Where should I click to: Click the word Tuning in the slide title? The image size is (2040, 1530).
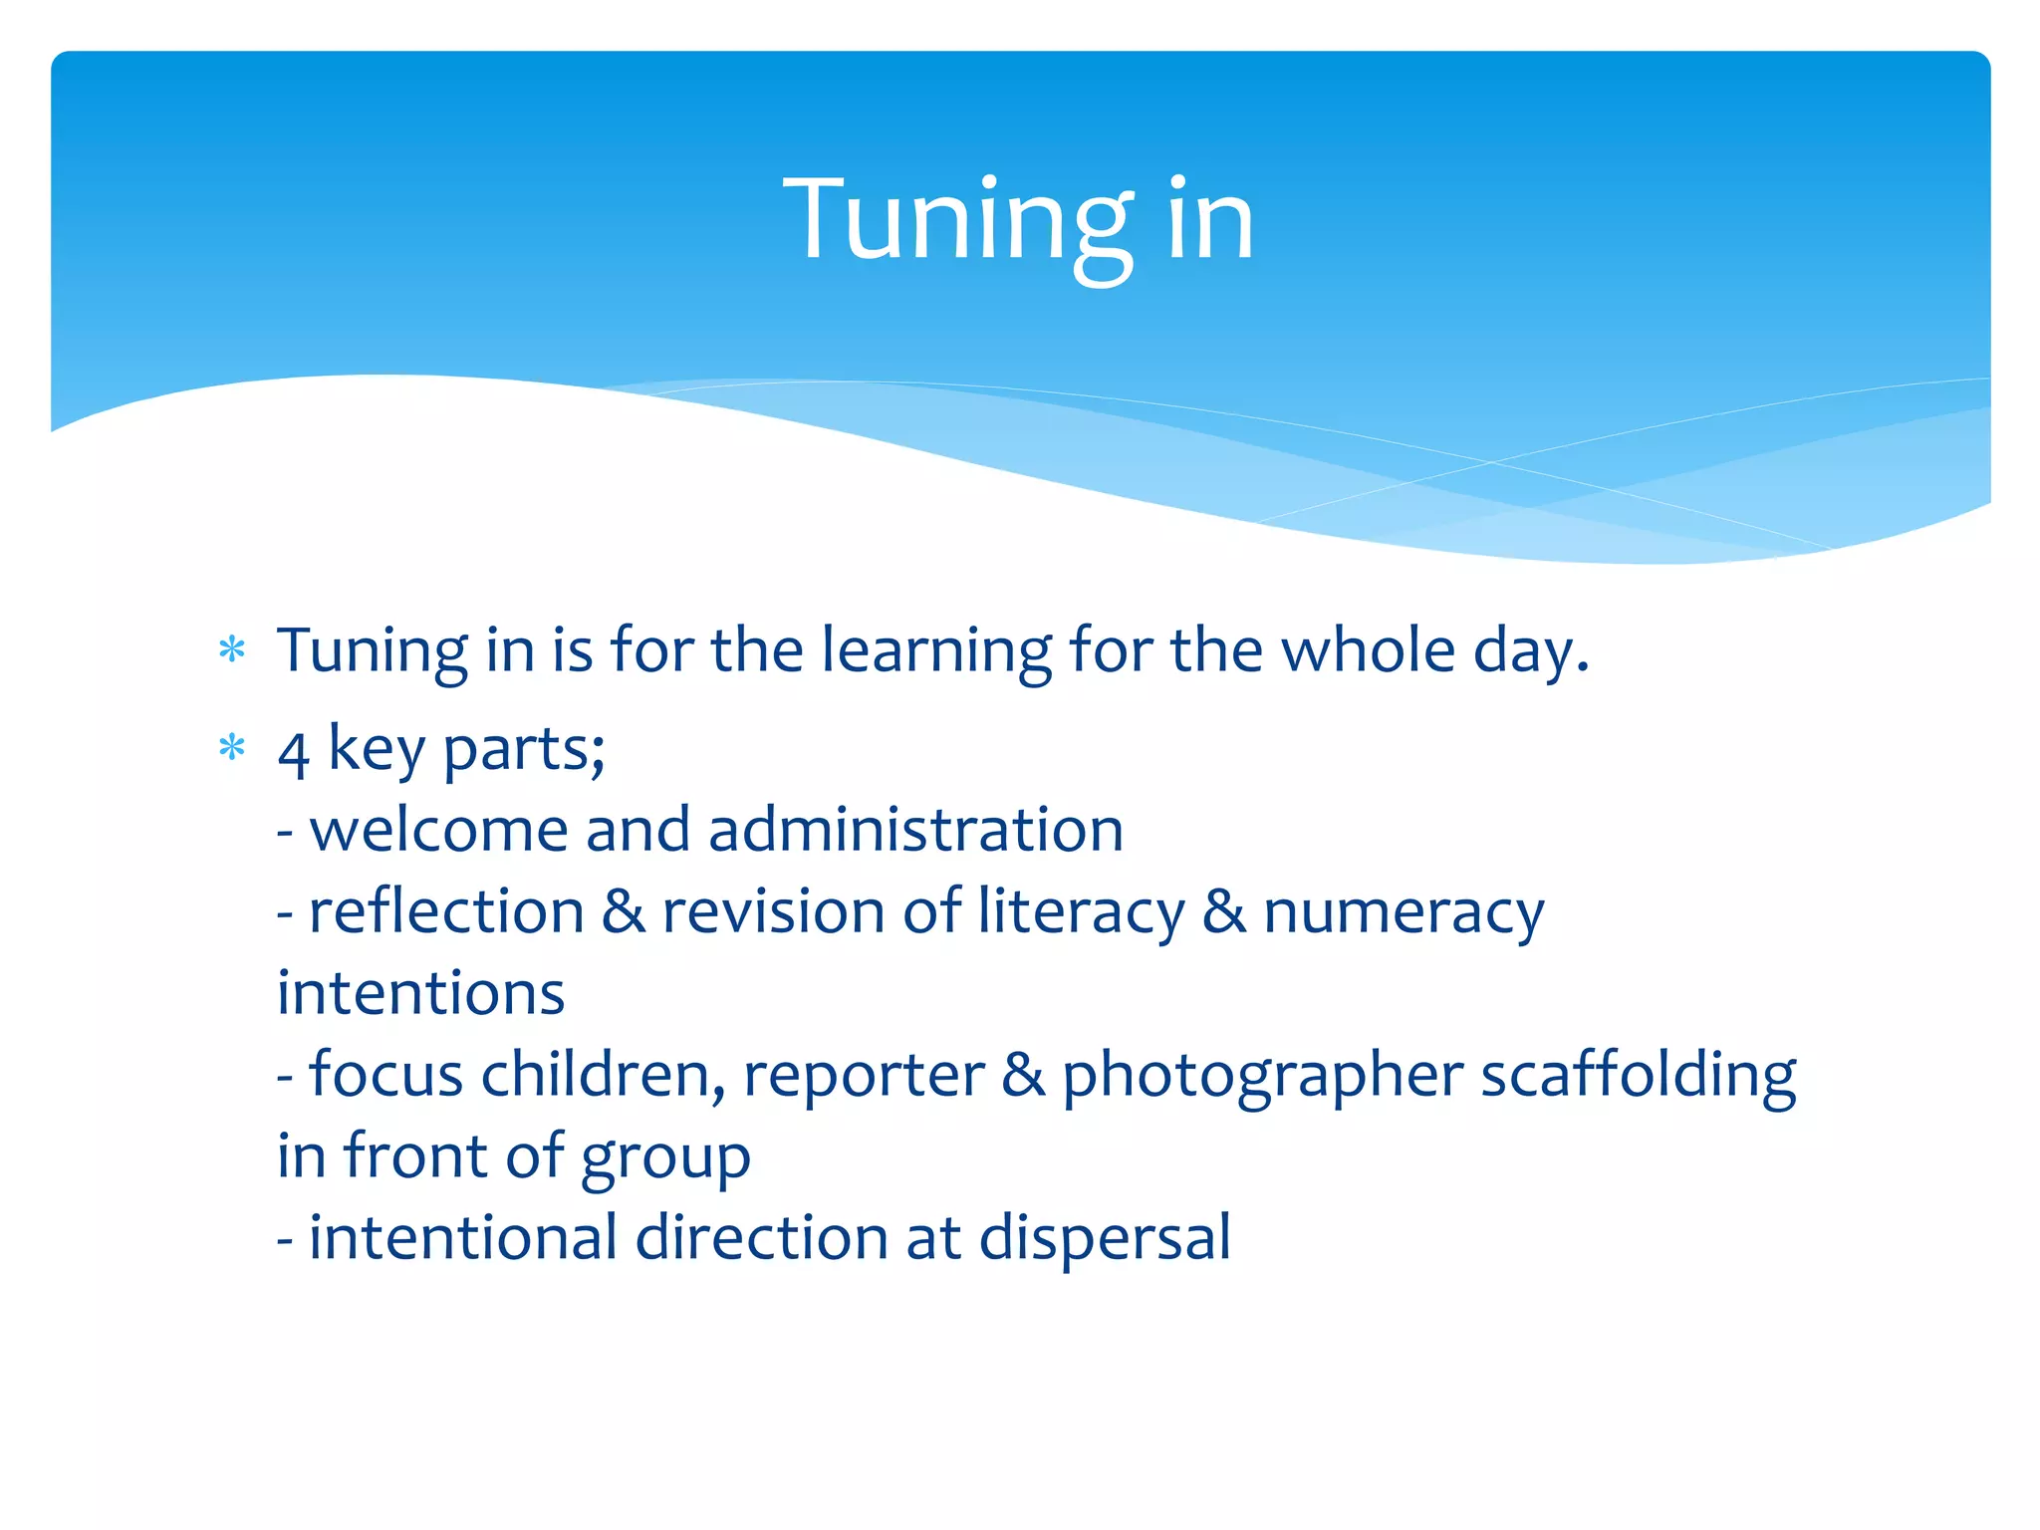coord(958,220)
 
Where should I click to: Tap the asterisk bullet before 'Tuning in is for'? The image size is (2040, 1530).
coord(232,650)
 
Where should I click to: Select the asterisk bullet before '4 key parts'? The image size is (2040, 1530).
coord(232,747)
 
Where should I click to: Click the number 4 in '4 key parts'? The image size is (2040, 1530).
coord(293,753)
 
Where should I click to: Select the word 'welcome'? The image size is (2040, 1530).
coord(438,830)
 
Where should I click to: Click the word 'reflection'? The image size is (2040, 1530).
coord(446,911)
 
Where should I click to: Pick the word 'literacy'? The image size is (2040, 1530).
coord(1080,912)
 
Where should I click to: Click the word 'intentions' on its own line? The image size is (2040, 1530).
coord(420,993)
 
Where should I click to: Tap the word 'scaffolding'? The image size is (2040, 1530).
coord(1638,1076)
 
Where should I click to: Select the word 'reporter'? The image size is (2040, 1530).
coord(863,1076)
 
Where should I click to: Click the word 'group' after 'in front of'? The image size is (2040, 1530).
coord(665,1158)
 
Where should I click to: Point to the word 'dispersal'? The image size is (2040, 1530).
coord(1105,1238)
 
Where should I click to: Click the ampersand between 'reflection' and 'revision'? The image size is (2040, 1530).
coord(624,911)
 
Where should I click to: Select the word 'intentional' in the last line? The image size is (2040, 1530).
coord(463,1238)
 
